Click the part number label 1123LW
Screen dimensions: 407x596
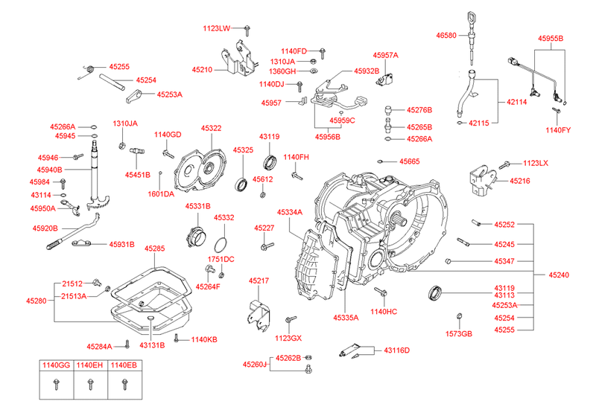217,28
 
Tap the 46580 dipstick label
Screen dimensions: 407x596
448,35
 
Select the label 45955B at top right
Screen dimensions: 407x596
551,37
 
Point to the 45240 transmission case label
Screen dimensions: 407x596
559,275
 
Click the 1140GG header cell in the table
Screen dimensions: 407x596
56,365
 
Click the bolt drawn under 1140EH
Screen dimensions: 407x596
90,384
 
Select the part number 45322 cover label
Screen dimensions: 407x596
210,129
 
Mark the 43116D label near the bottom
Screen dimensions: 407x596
397,350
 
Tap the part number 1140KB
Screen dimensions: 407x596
203,340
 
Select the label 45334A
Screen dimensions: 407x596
290,212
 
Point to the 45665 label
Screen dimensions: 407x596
409,161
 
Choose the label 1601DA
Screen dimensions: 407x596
160,193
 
